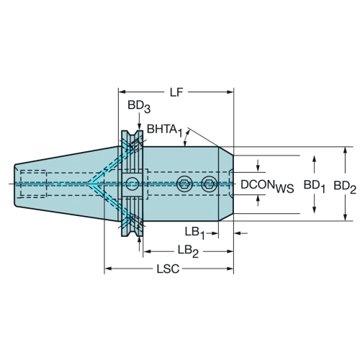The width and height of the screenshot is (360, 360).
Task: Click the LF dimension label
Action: click(176, 92)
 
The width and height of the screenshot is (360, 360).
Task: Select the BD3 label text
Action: click(139, 107)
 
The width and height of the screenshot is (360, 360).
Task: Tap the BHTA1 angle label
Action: click(165, 130)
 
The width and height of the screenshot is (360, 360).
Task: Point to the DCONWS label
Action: click(267, 186)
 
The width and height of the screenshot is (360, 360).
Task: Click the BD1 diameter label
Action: click(315, 186)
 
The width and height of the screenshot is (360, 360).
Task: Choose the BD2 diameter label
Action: click(345, 186)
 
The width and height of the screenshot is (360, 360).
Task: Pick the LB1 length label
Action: click(195, 233)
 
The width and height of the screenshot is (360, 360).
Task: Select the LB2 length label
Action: click(188, 251)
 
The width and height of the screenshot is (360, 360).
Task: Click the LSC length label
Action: click(168, 269)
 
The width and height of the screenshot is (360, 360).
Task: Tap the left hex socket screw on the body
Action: click(184, 184)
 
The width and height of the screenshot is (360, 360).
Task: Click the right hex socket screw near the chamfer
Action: click(210, 184)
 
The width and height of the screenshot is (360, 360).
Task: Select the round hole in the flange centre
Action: click(132, 184)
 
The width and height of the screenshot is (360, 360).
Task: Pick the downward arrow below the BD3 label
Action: click(139, 122)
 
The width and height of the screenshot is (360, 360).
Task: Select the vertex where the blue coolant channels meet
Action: click(89, 184)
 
